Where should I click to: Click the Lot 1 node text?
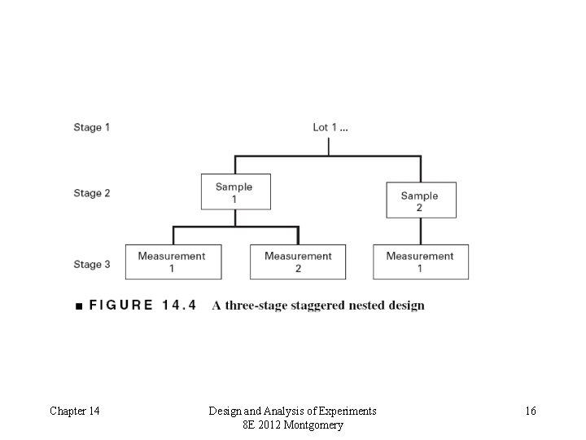click(x=329, y=127)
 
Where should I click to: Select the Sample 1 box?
click(x=235, y=192)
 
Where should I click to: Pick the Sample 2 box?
click(x=420, y=200)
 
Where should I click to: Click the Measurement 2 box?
click(x=298, y=262)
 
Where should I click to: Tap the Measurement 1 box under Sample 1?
click(x=172, y=262)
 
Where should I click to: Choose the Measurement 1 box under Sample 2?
click(x=420, y=262)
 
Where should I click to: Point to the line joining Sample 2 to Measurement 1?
click(x=421, y=231)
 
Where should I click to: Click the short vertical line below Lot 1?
click(x=329, y=145)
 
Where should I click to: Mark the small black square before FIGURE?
click(x=77, y=306)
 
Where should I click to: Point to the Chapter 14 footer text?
click(x=75, y=411)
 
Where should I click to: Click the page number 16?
click(x=531, y=411)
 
